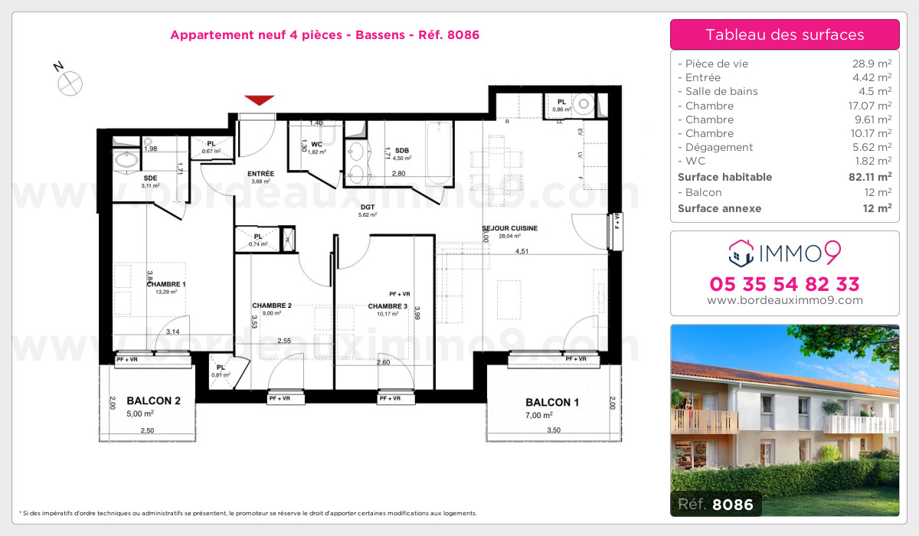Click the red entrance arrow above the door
[x=260, y=100]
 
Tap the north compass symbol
[x=70, y=82]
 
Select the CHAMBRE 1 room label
[x=166, y=283]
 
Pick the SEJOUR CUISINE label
[x=510, y=228]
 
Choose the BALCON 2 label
[x=153, y=400]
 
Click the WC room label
[x=316, y=142]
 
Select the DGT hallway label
[x=368, y=206]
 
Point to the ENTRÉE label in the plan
[x=261, y=173]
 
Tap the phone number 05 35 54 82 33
[x=785, y=284]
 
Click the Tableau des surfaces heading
[x=785, y=34]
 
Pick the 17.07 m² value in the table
[x=872, y=106]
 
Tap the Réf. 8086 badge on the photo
[x=716, y=505]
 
